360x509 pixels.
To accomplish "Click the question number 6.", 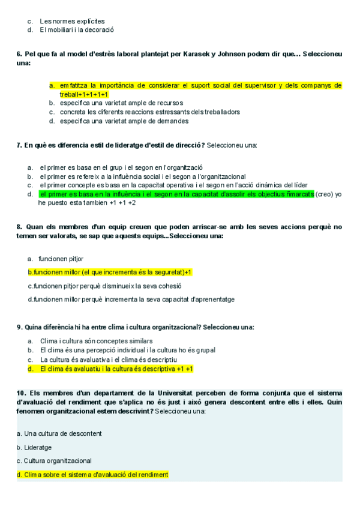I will coord(19,54).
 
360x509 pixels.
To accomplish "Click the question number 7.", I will coord(19,145).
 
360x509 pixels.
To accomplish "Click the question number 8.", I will coord(19,227).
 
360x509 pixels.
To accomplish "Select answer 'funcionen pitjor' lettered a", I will coord(61,259).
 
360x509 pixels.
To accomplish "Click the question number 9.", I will coord(19,327).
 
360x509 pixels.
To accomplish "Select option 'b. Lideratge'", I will coord(34,447).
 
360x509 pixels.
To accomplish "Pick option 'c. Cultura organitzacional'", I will coord(54,461).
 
